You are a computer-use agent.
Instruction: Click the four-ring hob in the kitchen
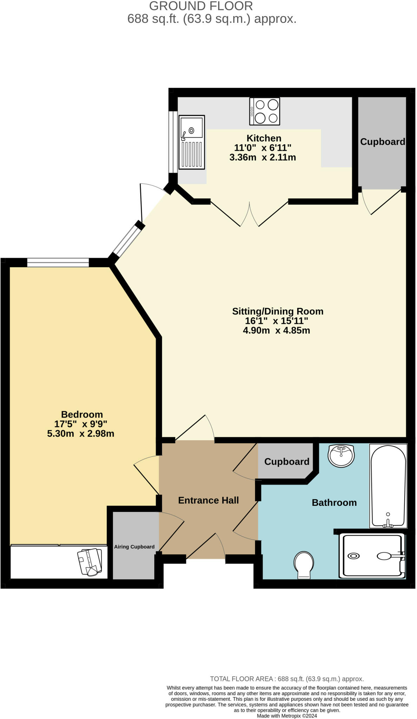coord(265,111)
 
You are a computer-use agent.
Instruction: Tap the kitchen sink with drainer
coord(191,142)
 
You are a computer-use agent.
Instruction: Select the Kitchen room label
coord(264,138)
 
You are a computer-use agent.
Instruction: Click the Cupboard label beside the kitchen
coord(382,141)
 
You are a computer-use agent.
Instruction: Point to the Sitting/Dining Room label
coord(278,311)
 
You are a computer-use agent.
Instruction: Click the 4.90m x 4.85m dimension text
coord(276,330)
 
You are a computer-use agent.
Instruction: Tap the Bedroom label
coord(82,414)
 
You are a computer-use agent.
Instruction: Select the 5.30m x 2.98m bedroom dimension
coord(81,434)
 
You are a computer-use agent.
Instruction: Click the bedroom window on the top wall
coord(58,262)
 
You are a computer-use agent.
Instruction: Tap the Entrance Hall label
coord(208,500)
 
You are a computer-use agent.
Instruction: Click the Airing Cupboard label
coord(134,547)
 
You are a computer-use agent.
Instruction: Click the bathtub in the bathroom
coord(388,486)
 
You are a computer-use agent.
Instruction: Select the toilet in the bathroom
coord(304,564)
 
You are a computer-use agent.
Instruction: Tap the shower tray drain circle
coord(353,556)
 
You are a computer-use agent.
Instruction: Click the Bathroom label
coord(334,502)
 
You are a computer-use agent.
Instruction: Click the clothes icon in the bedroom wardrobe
coord(90,562)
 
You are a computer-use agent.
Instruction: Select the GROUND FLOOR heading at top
coord(201,6)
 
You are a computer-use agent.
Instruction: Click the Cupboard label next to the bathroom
coord(287,461)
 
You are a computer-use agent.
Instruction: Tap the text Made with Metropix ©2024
coord(287,716)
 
